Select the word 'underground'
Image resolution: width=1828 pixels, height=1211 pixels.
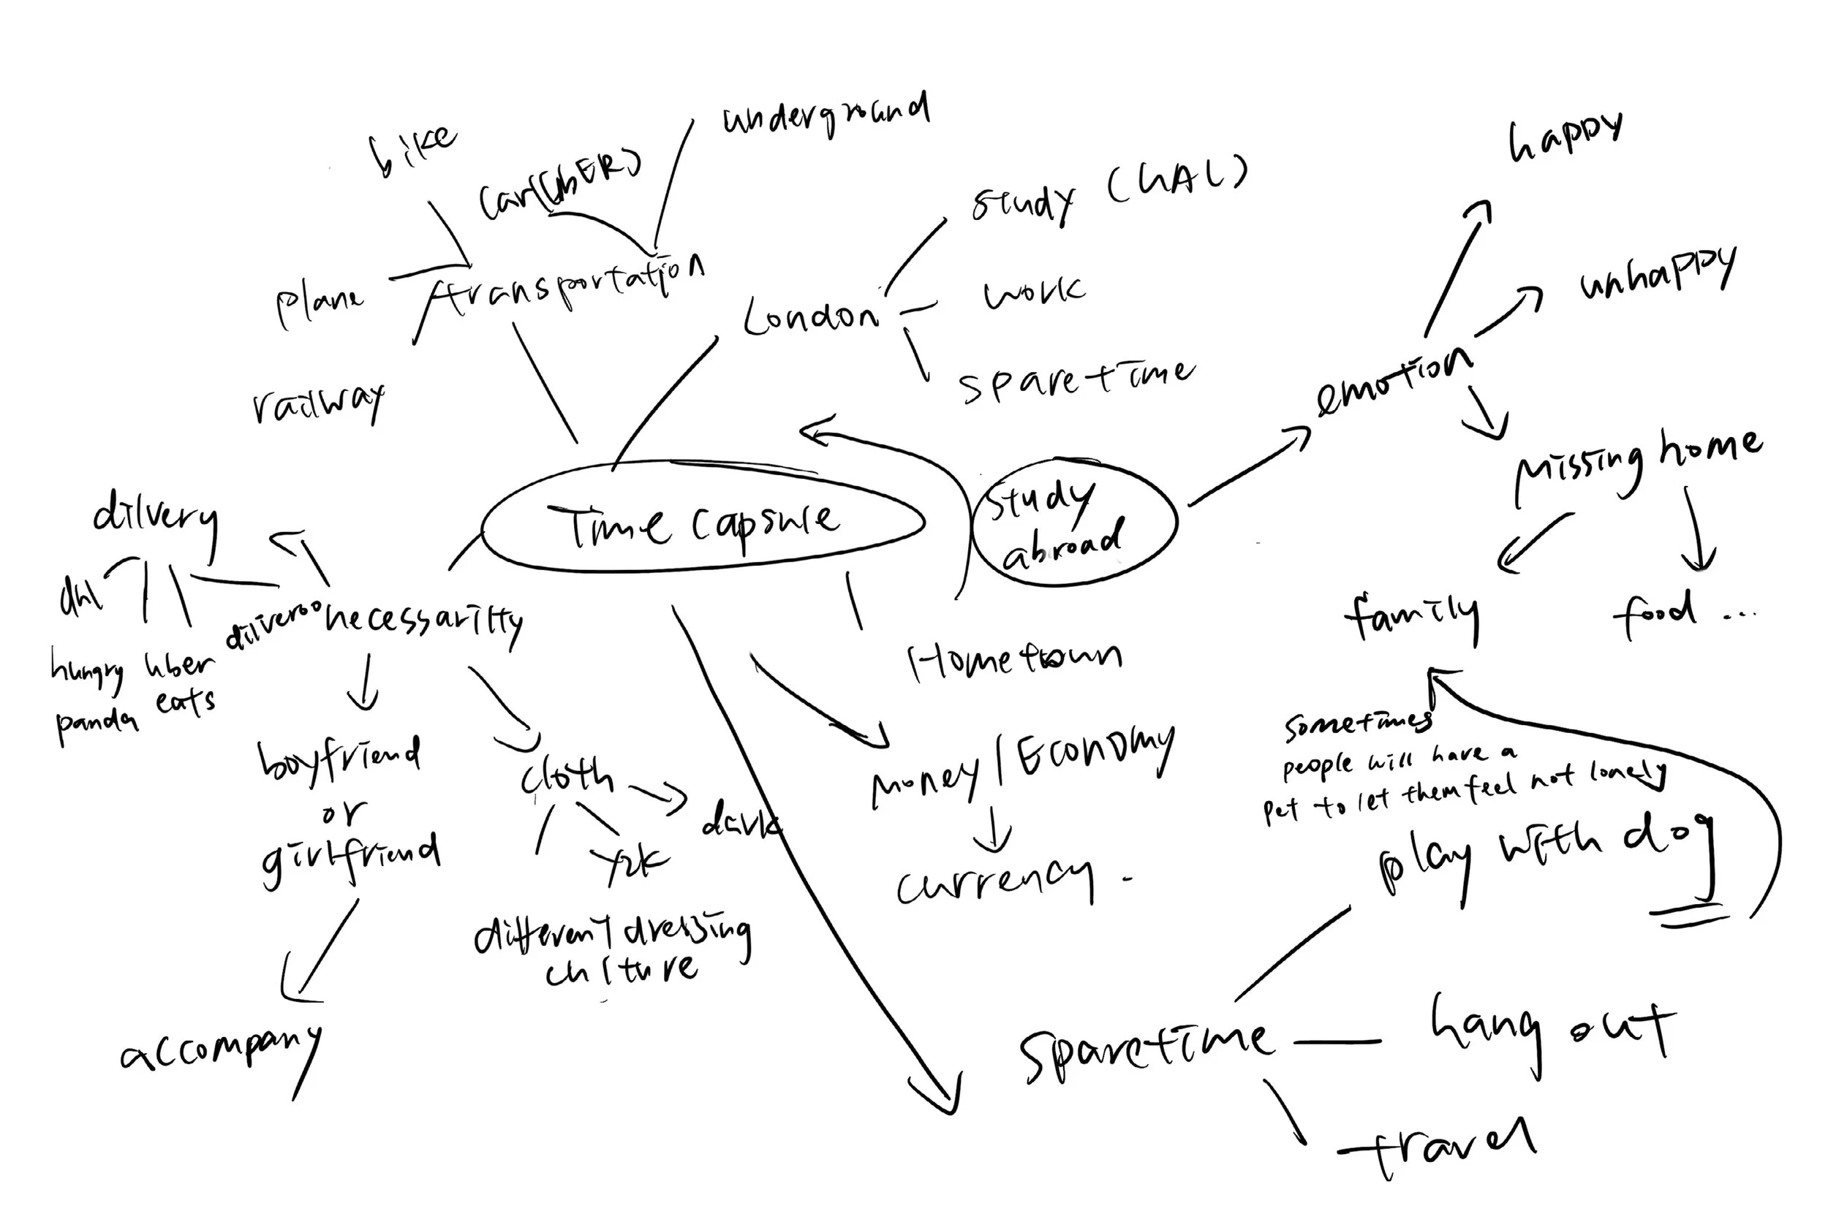[825, 116]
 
